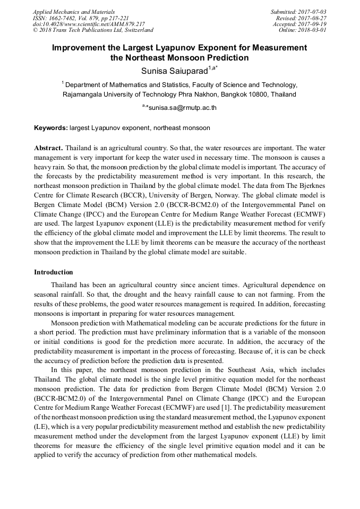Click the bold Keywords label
tap(50, 128)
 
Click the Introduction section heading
tap(54, 272)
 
